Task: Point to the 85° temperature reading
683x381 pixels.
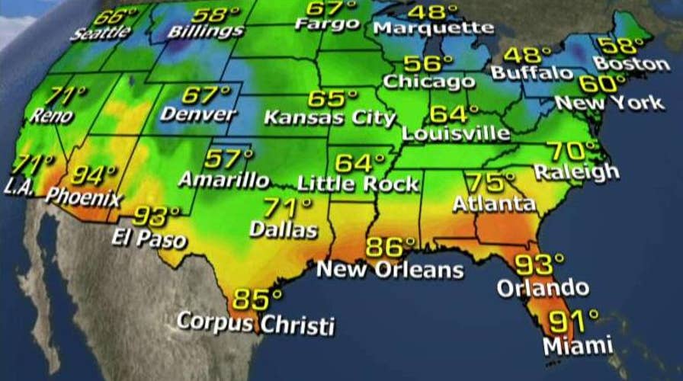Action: [257, 298]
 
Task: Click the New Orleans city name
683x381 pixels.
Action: [390, 269]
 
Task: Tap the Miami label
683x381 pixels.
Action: [578, 344]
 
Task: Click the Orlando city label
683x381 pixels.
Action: [543, 287]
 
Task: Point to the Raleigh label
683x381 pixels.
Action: [576, 171]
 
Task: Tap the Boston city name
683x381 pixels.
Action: [632, 63]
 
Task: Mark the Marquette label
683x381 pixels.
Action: [434, 28]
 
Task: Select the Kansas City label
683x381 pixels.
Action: [330, 118]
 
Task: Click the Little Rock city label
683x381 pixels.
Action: [358, 184]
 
